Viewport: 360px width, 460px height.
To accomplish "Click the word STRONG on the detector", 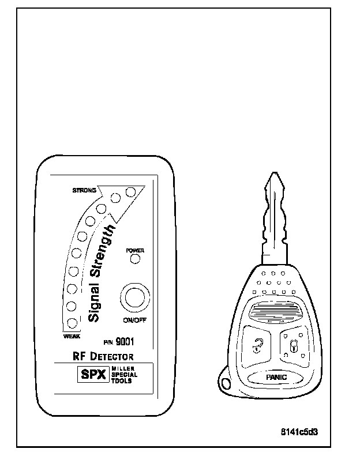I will pos(84,190).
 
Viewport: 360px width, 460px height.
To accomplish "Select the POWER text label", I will pos(134,251).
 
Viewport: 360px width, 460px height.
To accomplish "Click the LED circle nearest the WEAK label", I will pos(73,323).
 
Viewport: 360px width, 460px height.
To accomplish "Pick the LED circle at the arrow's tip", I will pos(130,191).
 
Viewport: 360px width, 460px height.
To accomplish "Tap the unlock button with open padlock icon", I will pos(256,346).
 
